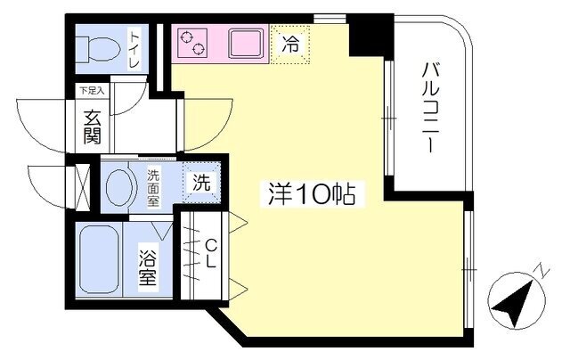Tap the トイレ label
(x=134, y=50)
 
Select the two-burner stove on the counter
(x=192, y=43)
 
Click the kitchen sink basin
(x=246, y=44)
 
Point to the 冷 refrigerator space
(x=290, y=45)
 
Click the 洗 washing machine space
(x=202, y=182)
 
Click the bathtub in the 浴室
(x=99, y=259)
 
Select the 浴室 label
(x=148, y=269)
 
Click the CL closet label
(x=210, y=254)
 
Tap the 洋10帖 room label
(x=311, y=194)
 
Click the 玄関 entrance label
(x=93, y=127)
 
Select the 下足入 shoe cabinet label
(x=92, y=91)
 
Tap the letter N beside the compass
(x=541, y=271)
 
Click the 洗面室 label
(x=153, y=188)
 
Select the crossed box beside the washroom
(x=83, y=187)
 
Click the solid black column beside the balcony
(x=370, y=35)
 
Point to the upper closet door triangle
(x=238, y=223)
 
